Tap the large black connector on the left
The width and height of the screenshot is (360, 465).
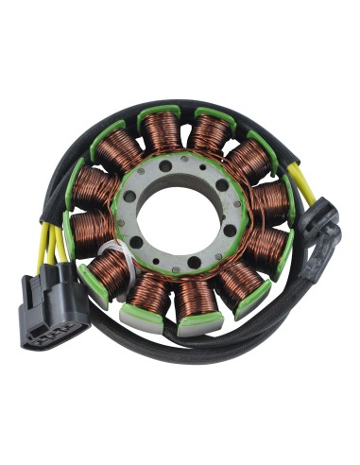55,304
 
